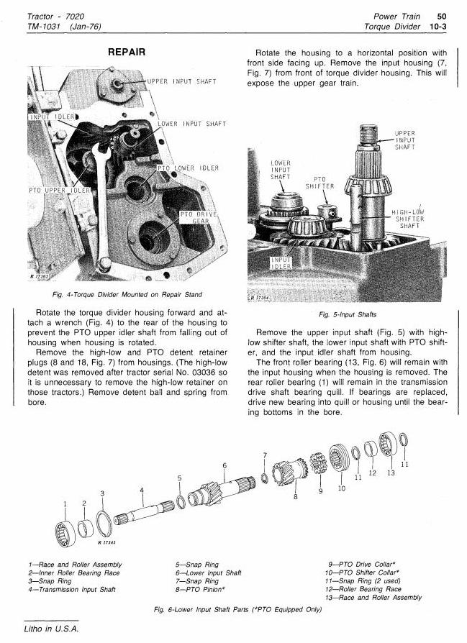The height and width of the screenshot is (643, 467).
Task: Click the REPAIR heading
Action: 127,52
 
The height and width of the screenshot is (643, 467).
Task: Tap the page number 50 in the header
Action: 442,17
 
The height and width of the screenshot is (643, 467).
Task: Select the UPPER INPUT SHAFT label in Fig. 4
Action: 182,81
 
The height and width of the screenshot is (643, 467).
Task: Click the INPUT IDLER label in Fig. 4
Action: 52,117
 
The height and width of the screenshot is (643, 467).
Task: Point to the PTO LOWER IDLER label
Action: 189,168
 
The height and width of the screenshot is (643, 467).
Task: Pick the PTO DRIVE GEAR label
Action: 199,218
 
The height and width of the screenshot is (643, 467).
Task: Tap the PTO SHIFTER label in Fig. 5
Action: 319,183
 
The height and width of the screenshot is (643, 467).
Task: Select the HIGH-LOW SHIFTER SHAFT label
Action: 408,219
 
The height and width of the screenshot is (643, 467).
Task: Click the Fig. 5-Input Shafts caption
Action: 347,314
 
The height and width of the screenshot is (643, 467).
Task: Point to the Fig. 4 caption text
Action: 127,294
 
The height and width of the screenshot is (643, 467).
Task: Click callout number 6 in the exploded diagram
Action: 225,465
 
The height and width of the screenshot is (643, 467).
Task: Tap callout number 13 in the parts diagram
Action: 391,473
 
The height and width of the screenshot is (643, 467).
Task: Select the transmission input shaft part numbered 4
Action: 144,512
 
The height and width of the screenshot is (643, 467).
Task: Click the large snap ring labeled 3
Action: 104,523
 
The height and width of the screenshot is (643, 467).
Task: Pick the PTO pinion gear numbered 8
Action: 290,472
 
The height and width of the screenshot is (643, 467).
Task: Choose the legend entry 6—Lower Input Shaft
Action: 209,573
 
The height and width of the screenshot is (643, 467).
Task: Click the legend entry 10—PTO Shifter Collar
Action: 363,573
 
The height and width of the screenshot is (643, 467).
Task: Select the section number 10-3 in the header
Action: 437,27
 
